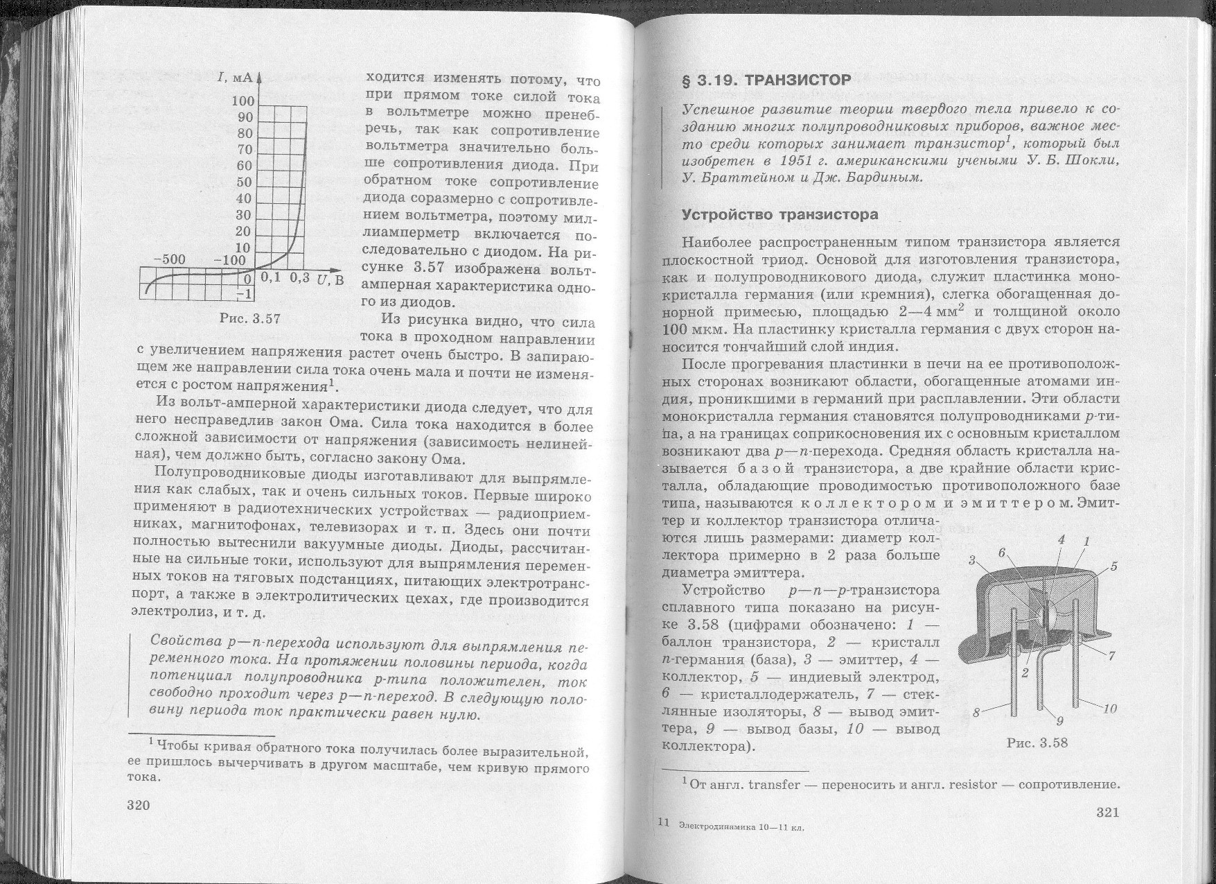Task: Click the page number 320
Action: coord(138,805)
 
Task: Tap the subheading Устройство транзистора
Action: coord(779,214)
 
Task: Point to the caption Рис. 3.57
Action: coord(249,319)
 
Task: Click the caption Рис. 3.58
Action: coord(1037,743)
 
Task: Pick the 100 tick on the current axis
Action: coord(243,102)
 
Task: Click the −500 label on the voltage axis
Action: coord(168,259)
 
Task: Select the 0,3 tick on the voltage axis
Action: coord(299,278)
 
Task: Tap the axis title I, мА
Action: coord(233,76)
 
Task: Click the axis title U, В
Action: coord(330,280)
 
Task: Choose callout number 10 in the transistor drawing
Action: coord(1110,708)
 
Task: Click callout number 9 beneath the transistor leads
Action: coord(1059,721)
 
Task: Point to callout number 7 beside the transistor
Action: coord(1111,655)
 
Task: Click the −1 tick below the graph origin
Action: coord(244,294)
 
